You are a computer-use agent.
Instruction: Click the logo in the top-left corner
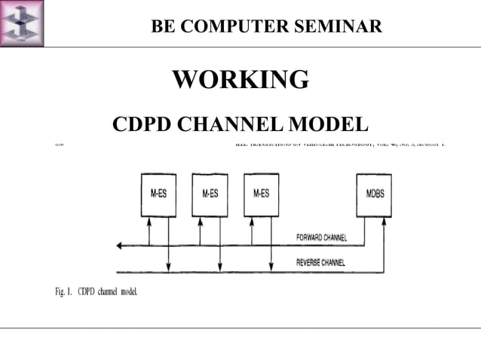(x=22, y=23)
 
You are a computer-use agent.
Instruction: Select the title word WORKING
(x=240, y=79)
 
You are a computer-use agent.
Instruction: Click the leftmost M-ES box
(x=158, y=194)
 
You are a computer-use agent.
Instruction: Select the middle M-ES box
(x=210, y=194)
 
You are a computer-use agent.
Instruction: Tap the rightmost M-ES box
(x=261, y=194)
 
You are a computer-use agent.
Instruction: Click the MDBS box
(x=374, y=194)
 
